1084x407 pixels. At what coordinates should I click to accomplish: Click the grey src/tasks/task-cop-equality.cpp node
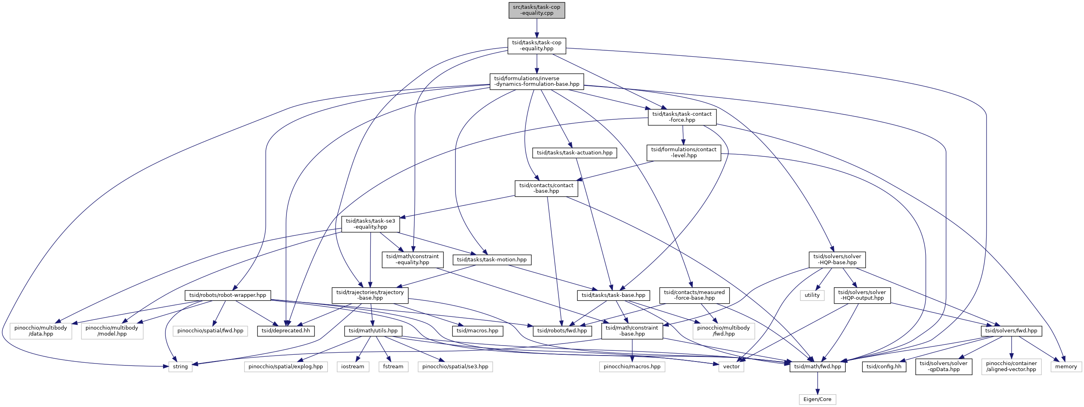537,10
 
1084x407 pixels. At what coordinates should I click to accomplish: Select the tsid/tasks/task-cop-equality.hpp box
537,46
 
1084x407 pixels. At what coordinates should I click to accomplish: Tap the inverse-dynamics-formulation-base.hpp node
537,81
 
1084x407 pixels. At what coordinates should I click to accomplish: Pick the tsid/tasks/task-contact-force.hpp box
682,117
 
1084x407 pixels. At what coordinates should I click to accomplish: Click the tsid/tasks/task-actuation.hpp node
575,152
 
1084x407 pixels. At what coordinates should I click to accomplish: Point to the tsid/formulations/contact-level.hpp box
684,152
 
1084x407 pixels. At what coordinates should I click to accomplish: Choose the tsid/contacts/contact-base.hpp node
546,188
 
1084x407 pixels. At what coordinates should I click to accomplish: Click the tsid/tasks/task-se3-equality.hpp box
370,224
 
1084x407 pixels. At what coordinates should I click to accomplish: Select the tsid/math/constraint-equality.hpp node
412,260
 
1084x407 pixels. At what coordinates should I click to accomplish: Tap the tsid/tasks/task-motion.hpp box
492,260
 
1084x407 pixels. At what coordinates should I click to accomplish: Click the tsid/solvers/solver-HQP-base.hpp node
837,260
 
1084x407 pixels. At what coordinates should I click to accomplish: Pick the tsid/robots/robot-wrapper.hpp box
228,296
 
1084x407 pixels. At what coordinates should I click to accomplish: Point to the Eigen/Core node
817,399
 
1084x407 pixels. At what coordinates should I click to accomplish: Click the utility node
812,296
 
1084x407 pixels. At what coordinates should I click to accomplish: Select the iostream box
353,367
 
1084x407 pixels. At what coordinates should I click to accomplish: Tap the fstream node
393,367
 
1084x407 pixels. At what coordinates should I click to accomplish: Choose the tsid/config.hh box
884,367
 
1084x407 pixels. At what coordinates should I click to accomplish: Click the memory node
1066,367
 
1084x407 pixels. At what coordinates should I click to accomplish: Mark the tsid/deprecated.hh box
286,331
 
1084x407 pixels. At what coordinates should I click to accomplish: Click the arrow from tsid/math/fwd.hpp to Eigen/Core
817,383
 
